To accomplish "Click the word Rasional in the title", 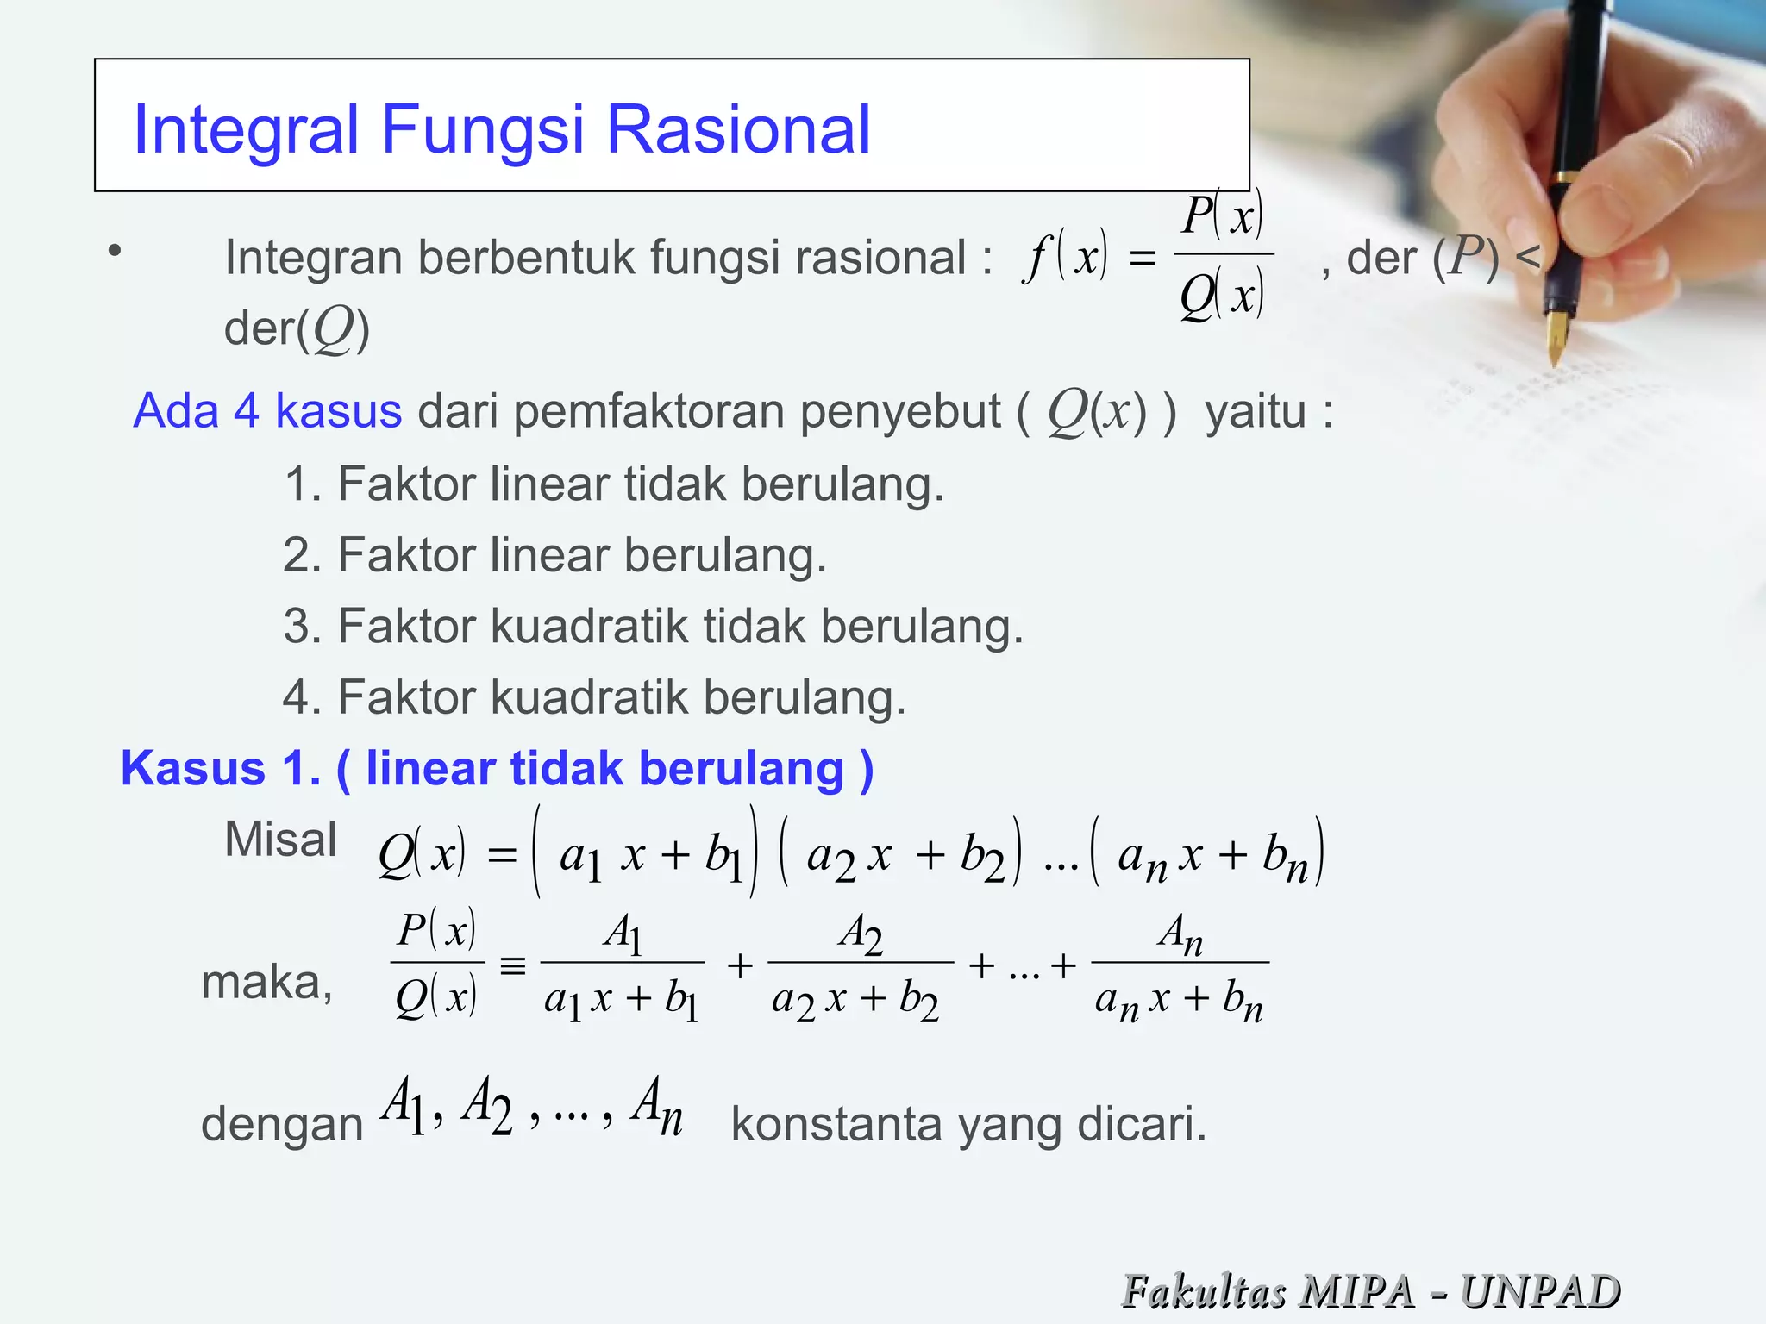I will [739, 130].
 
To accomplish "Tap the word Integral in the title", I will [246, 130].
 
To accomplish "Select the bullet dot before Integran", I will [115, 252].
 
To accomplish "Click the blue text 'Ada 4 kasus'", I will [267, 410].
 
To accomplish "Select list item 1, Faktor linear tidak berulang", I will [614, 484].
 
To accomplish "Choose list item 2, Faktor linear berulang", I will [554, 555].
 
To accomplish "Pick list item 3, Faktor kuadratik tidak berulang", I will [653, 627].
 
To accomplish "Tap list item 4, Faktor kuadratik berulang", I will [594, 697].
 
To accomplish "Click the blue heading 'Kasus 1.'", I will [221, 768].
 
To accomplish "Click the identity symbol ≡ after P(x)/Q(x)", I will [512, 966].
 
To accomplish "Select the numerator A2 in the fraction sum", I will [861, 934].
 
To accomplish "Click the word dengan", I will [282, 1125].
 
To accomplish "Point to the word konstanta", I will [836, 1125].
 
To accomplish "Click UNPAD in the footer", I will [1540, 1291].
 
